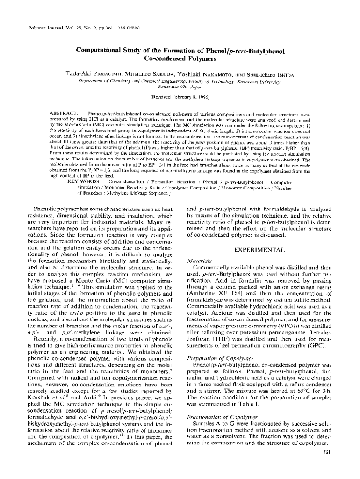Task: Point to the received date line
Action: [x=180, y=97]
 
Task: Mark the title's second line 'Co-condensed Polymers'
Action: [x=180, y=59]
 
